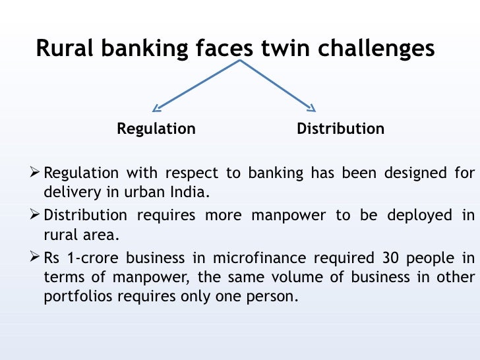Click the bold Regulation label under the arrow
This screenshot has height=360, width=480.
(156, 129)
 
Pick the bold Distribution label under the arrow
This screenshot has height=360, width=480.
(340, 129)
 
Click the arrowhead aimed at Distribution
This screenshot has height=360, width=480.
(311, 107)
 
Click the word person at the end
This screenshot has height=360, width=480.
(273, 297)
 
